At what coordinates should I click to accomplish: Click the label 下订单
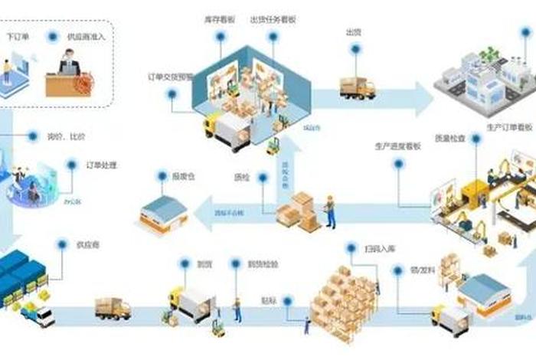click(x=18, y=35)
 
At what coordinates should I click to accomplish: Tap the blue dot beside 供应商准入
click(x=51, y=35)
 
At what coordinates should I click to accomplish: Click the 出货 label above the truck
click(x=354, y=33)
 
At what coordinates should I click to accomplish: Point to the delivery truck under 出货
click(x=357, y=87)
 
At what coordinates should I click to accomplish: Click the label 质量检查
click(x=450, y=139)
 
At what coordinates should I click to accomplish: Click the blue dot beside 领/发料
click(x=397, y=270)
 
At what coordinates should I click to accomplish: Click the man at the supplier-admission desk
click(x=70, y=61)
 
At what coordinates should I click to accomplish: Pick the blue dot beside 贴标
click(x=288, y=300)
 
